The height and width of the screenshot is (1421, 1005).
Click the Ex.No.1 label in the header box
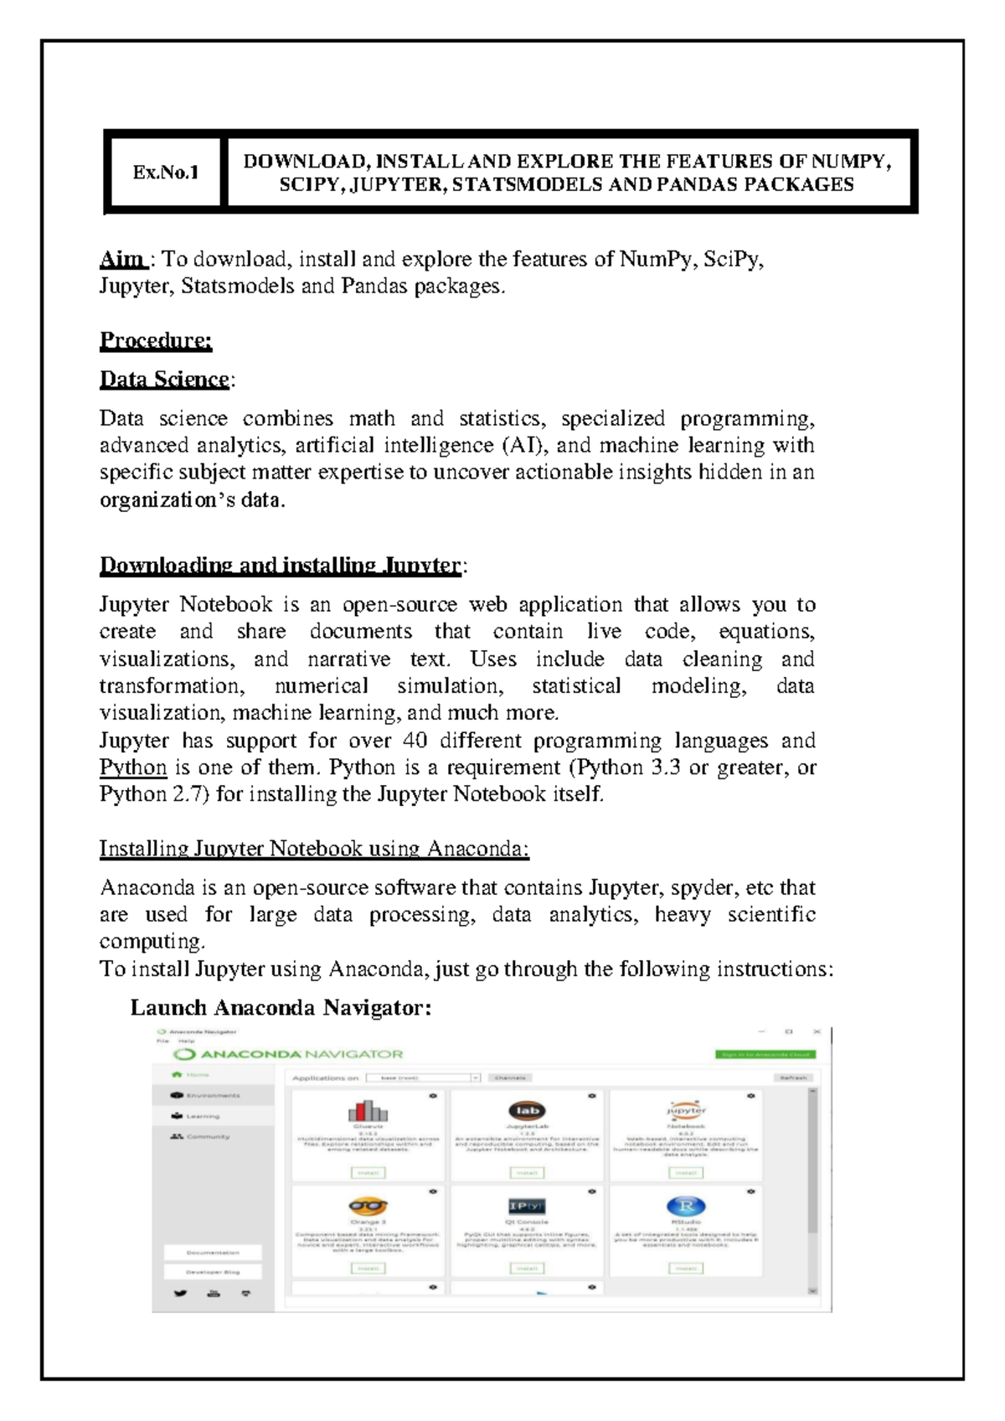pos(165,173)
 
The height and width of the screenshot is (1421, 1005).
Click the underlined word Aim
pos(122,259)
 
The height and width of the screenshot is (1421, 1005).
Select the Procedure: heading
pos(156,340)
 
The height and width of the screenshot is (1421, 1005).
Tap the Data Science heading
pos(164,380)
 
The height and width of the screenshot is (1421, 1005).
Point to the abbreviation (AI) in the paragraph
pos(522,445)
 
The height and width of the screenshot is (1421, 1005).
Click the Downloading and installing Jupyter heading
pos(281,566)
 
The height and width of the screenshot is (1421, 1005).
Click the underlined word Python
pos(133,767)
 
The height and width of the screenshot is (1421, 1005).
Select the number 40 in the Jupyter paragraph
pos(415,741)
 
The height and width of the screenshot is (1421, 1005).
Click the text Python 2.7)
pos(153,794)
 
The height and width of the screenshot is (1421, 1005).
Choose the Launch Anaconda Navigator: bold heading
pos(281,1007)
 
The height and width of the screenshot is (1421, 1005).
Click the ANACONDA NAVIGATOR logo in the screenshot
pos(289,1054)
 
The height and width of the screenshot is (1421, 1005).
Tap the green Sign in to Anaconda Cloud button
pos(765,1054)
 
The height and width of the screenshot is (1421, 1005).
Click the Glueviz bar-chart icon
pos(368,1112)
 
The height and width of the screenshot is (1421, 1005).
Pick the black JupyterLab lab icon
pos(527,1111)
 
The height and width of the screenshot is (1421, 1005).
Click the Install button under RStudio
pos(686,1269)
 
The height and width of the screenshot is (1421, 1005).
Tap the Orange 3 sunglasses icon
pos(368,1207)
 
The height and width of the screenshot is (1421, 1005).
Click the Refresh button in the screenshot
pos(793,1077)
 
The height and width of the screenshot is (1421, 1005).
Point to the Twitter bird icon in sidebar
pos(180,1294)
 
